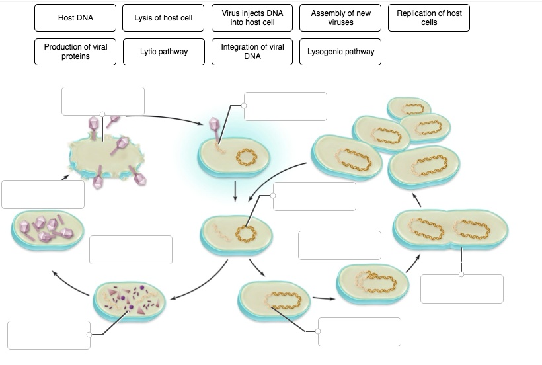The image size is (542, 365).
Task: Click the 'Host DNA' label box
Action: [x=75, y=18]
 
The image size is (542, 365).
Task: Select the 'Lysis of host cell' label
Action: [x=163, y=18]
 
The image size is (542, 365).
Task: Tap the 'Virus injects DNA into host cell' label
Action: [x=252, y=18]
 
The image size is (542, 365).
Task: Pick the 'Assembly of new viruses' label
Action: [x=340, y=18]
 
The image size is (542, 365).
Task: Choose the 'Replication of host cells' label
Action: [x=429, y=18]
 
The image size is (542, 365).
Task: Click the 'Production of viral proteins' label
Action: [x=75, y=52]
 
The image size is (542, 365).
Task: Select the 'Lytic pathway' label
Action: [x=163, y=52]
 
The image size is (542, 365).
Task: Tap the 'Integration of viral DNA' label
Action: [x=252, y=52]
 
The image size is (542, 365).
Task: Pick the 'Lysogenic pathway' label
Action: [x=340, y=52]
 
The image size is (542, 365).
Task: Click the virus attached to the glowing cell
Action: [x=214, y=127]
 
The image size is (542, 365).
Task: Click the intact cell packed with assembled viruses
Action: [x=48, y=228]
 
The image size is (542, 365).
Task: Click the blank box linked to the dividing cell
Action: [x=461, y=288]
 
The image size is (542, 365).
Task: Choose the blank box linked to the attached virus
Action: [x=285, y=106]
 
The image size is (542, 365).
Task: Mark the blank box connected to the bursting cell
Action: [x=102, y=101]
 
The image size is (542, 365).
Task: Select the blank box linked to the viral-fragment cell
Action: [x=49, y=335]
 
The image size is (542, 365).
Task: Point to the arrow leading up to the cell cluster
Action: [x=416, y=199]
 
